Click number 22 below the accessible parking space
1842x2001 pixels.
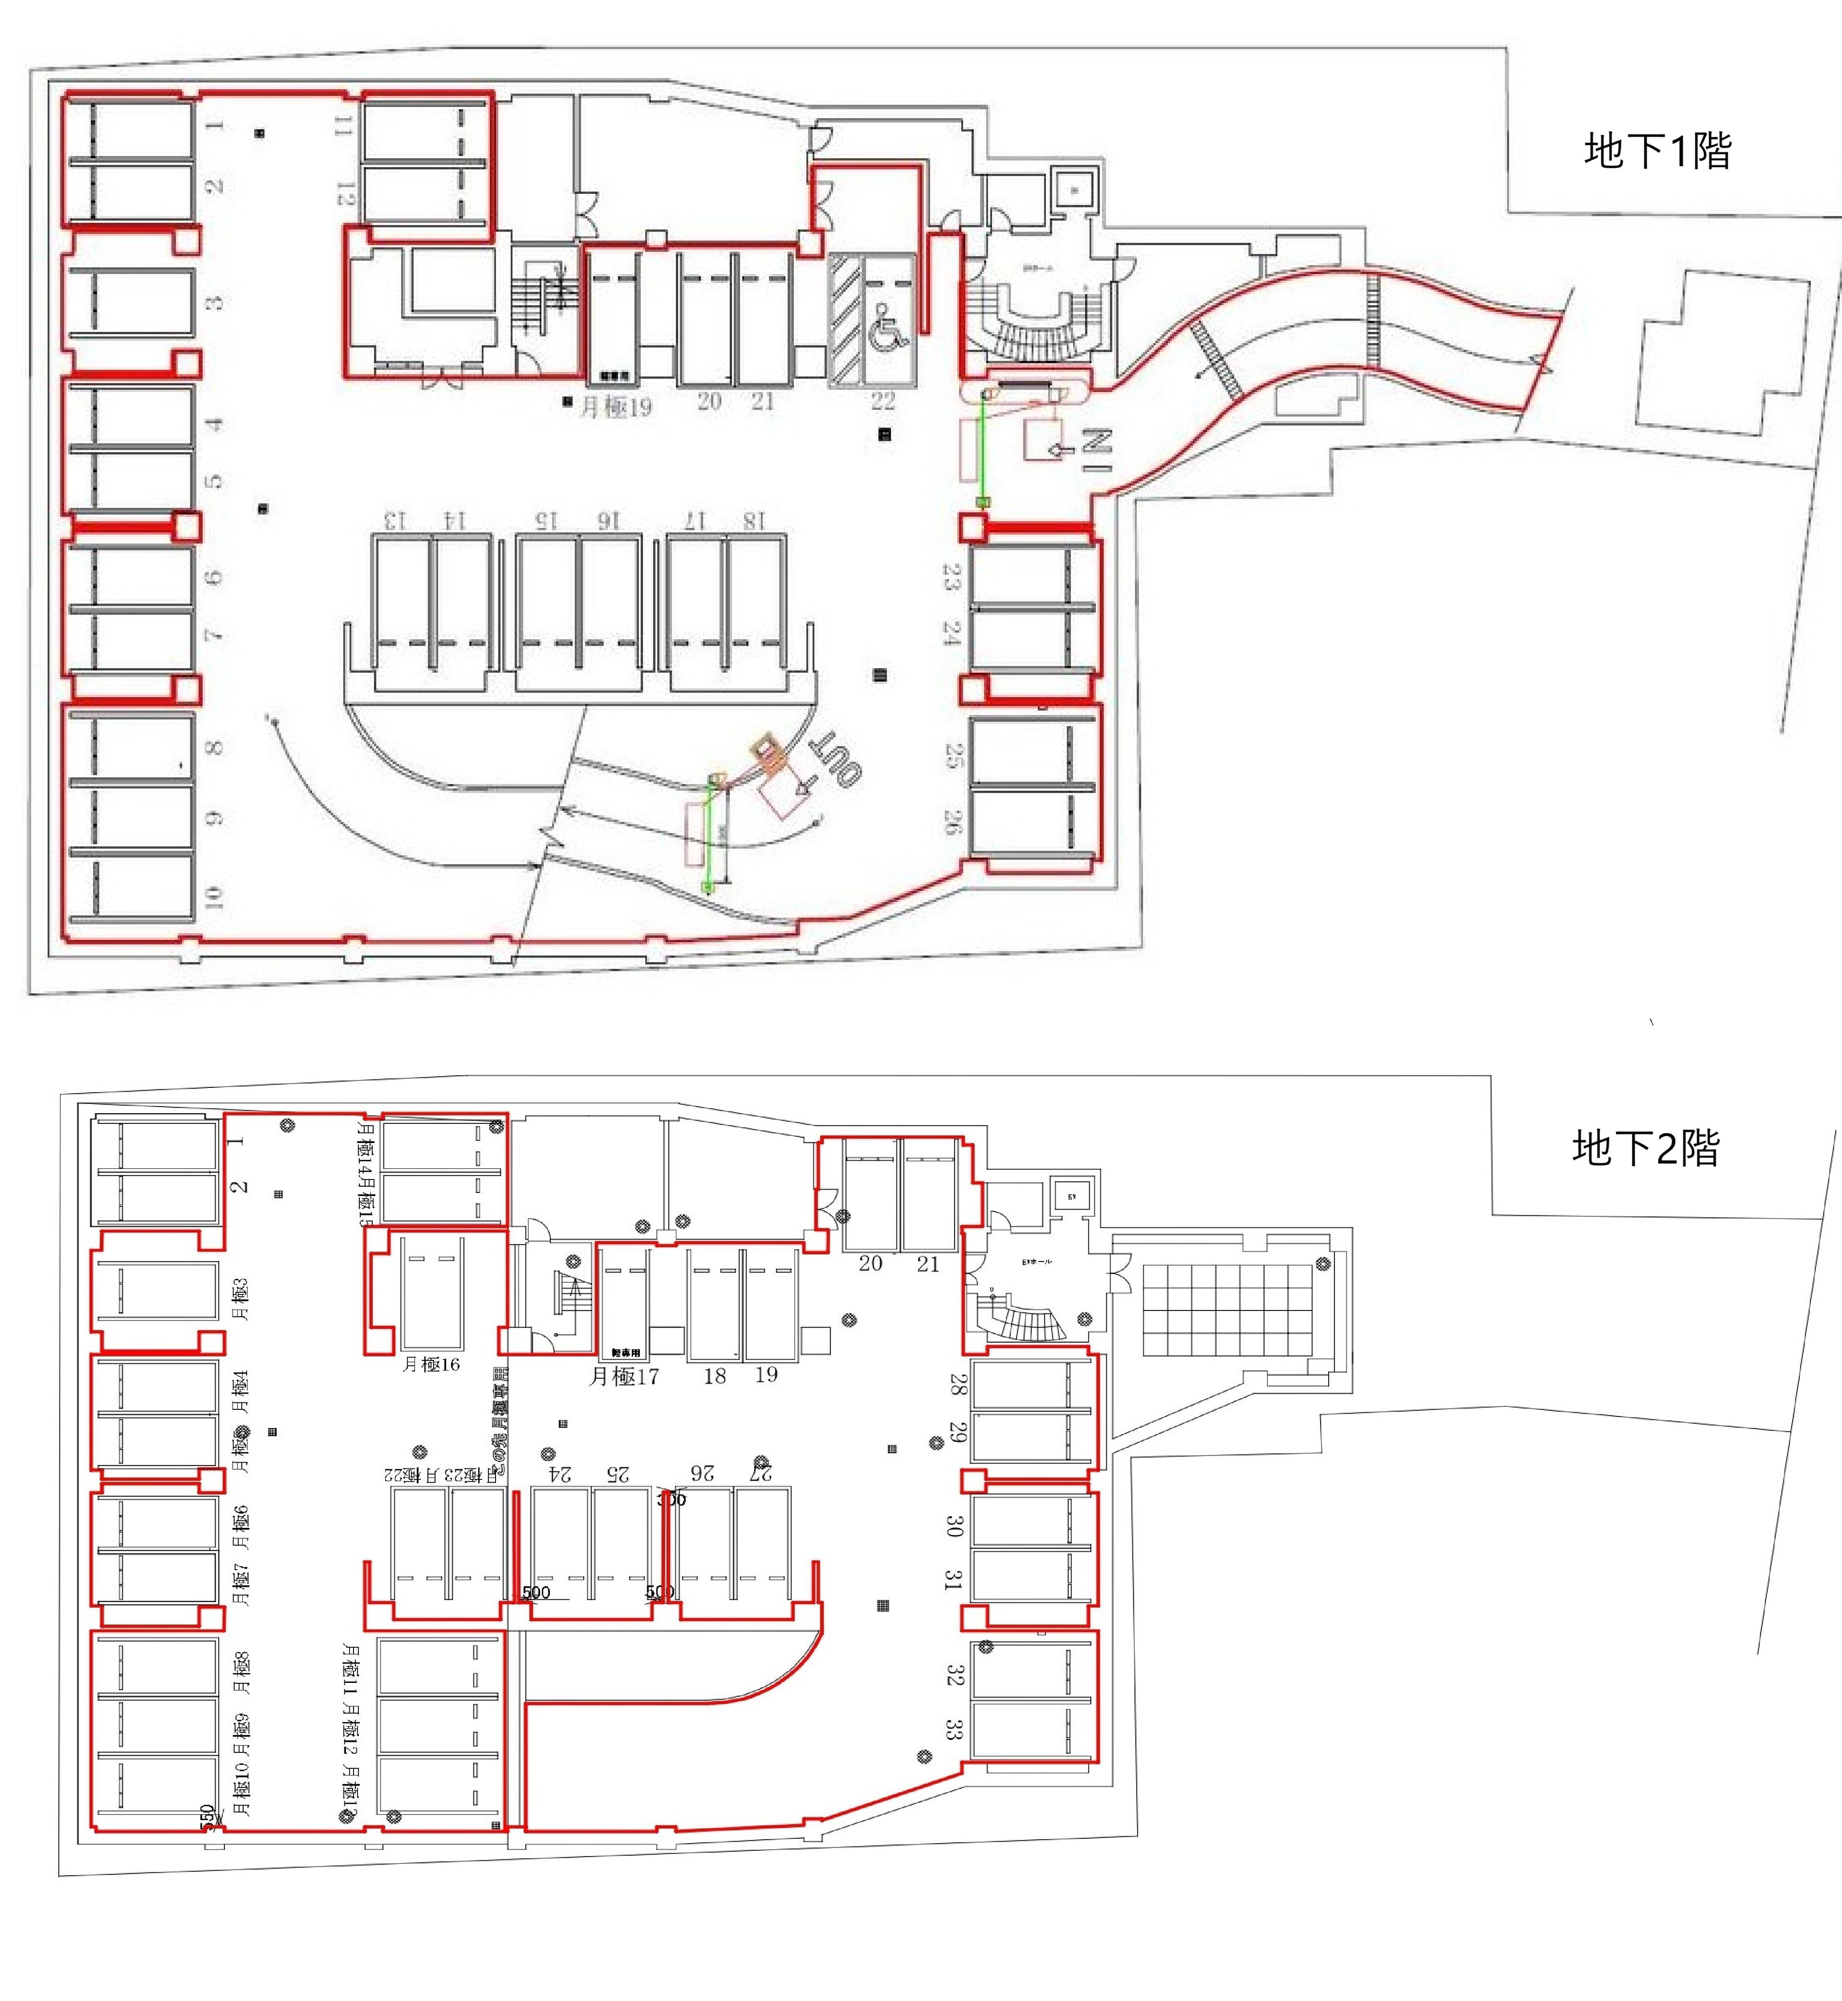882,402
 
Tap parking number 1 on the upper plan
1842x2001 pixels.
214,126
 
